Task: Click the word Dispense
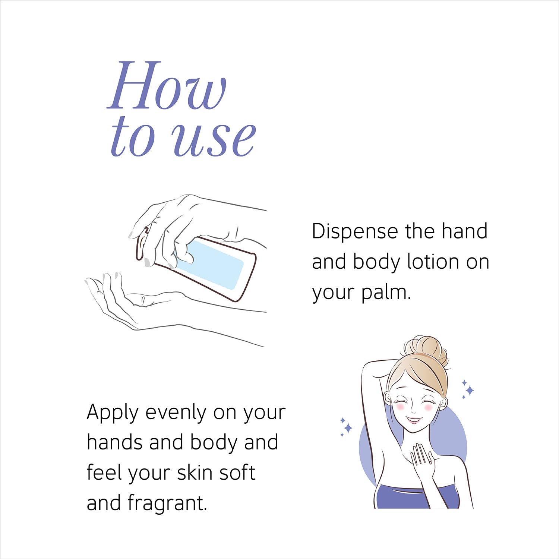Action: tap(355, 232)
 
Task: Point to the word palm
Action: tap(386, 293)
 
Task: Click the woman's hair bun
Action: tap(426, 350)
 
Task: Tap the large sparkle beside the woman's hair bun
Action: tap(470, 390)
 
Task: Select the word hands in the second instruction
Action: tap(115, 442)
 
